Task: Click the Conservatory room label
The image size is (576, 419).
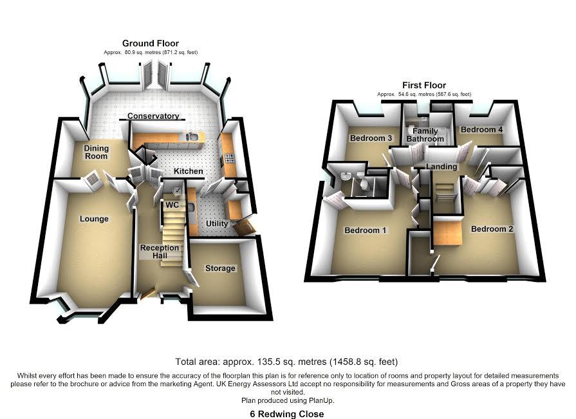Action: pos(153,116)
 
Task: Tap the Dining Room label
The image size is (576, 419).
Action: pos(97,152)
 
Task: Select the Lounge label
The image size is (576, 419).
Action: pos(94,219)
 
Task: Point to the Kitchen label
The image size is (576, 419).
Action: pos(189,172)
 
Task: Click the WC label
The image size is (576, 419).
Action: pos(172,205)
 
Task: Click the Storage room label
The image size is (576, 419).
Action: pos(220,268)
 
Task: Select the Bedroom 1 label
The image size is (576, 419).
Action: pos(366,230)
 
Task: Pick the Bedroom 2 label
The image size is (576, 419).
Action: pos(492,229)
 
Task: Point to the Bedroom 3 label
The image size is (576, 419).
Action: pos(371,138)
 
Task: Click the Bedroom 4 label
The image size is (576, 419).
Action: pos(482,130)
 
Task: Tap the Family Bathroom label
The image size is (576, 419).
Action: pos(425,135)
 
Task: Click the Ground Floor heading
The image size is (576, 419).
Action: pos(142,43)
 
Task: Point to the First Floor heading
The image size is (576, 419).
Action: pos(424,85)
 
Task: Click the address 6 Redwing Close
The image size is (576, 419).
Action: pos(287,414)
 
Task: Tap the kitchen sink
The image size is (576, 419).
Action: pos(190,136)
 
